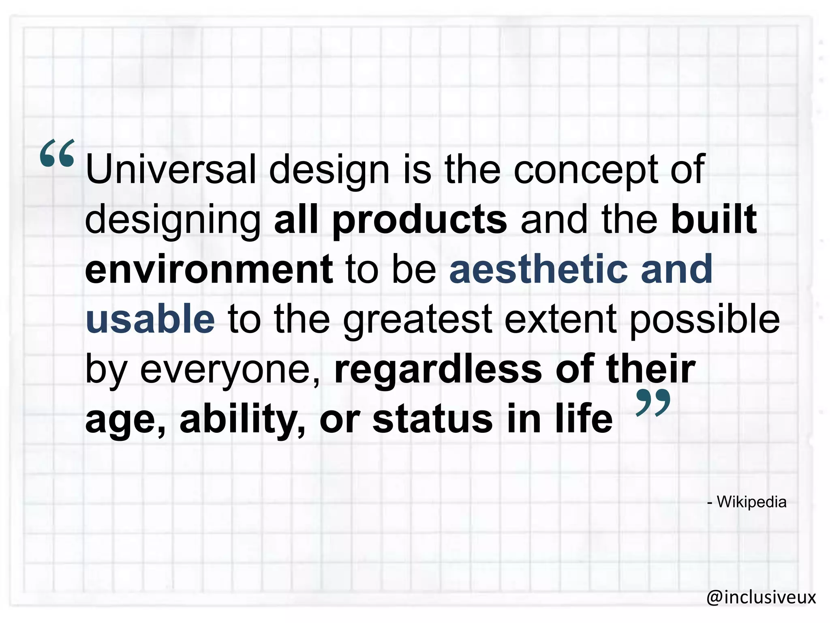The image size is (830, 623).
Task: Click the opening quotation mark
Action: coord(57,153)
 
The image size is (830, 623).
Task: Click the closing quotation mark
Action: coord(653,403)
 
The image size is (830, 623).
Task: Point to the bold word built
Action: coord(714,219)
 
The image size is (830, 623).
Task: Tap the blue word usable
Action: coord(150,319)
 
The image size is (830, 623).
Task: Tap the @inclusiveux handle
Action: coord(761,597)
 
